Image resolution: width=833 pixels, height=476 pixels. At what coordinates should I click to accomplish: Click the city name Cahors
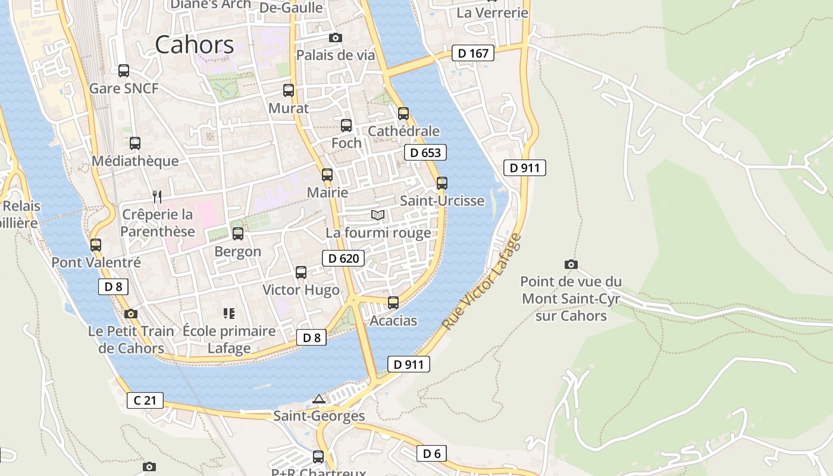click(x=195, y=45)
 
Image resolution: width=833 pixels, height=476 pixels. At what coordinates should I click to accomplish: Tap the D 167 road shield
click(x=474, y=54)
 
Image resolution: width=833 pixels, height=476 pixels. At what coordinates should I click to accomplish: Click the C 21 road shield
click(x=145, y=400)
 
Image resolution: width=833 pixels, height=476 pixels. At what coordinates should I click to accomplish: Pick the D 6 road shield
click(x=431, y=454)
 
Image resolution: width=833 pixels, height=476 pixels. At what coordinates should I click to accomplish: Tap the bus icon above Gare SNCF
click(x=124, y=71)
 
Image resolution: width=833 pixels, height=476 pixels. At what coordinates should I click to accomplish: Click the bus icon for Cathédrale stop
click(x=403, y=113)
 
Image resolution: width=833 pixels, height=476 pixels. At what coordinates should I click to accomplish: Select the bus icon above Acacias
click(x=393, y=302)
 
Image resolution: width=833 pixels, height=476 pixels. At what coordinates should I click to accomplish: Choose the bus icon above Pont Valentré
click(x=95, y=245)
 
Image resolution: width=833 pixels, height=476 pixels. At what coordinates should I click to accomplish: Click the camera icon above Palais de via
click(x=336, y=38)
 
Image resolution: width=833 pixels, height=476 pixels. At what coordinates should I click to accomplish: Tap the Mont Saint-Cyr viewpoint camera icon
click(x=571, y=264)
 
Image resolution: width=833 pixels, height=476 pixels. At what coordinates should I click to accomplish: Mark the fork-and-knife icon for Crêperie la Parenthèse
click(x=157, y=196)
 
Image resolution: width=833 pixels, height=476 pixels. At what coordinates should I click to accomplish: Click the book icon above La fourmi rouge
click(x=378, y=215)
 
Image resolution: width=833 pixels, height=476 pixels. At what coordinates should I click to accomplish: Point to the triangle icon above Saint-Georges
click(x=319, y=399)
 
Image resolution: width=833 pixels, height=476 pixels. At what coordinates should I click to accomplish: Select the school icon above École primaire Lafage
click(x=229, y=313)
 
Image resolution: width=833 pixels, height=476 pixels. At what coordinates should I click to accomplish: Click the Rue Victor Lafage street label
click(x=482, y=283)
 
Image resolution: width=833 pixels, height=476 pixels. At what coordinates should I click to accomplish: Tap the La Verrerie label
click(x=492, y=12)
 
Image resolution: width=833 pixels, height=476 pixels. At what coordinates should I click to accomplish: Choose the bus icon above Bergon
click(x=238, y=234)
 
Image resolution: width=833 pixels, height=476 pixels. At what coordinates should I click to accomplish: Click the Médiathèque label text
click(x=135, y=161)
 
